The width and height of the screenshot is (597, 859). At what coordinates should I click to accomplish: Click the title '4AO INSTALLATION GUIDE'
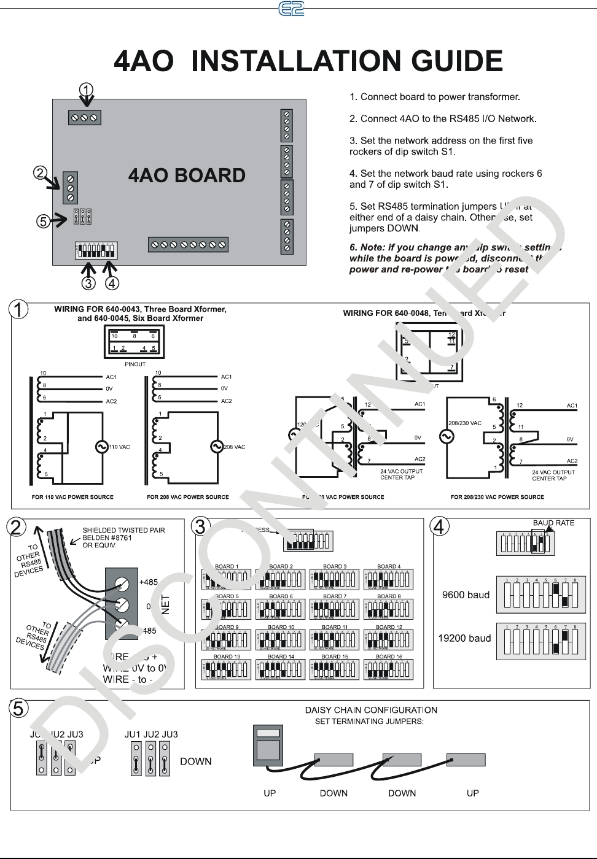point(309,61)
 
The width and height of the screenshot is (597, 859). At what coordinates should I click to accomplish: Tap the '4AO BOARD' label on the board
point(186,175)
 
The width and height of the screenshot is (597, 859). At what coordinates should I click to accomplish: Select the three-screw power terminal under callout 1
point(84,117)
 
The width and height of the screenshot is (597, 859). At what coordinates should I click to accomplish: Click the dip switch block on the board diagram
point(95,250)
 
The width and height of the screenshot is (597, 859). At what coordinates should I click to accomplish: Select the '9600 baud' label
point(466,595)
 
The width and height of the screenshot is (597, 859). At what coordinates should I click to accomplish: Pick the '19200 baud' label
point(464,638)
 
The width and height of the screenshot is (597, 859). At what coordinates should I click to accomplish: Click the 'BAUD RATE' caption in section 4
point(553,523)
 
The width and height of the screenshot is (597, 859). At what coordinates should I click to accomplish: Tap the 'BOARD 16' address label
point(388,657)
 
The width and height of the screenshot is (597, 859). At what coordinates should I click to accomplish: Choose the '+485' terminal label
point(149,582)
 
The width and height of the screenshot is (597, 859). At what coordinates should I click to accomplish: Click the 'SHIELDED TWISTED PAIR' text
point(123,530)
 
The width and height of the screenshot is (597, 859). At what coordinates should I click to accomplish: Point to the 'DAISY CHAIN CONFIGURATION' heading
point(371,710)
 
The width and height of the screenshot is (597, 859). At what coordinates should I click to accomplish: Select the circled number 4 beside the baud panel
point(442,526)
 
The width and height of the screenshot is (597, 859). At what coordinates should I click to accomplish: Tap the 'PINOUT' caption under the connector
point(135,364)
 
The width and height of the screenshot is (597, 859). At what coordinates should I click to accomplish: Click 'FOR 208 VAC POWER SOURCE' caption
point(187,497)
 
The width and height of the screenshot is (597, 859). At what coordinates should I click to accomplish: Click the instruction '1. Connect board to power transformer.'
point(435,97)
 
